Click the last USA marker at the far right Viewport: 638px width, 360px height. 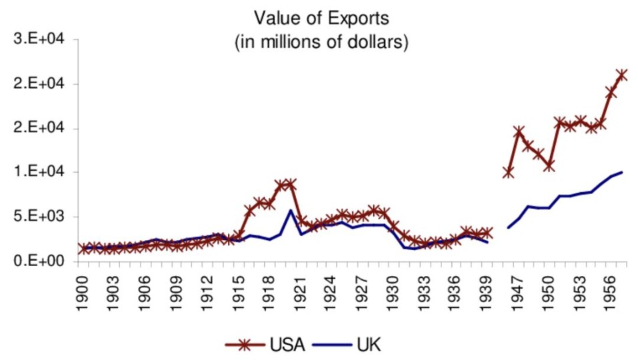(x=621, y=75)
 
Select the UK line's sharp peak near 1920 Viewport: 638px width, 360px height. (x=291, y=211)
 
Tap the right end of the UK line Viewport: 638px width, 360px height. (x=621, y=172)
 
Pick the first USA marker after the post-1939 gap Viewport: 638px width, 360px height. (x=508, y=173)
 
